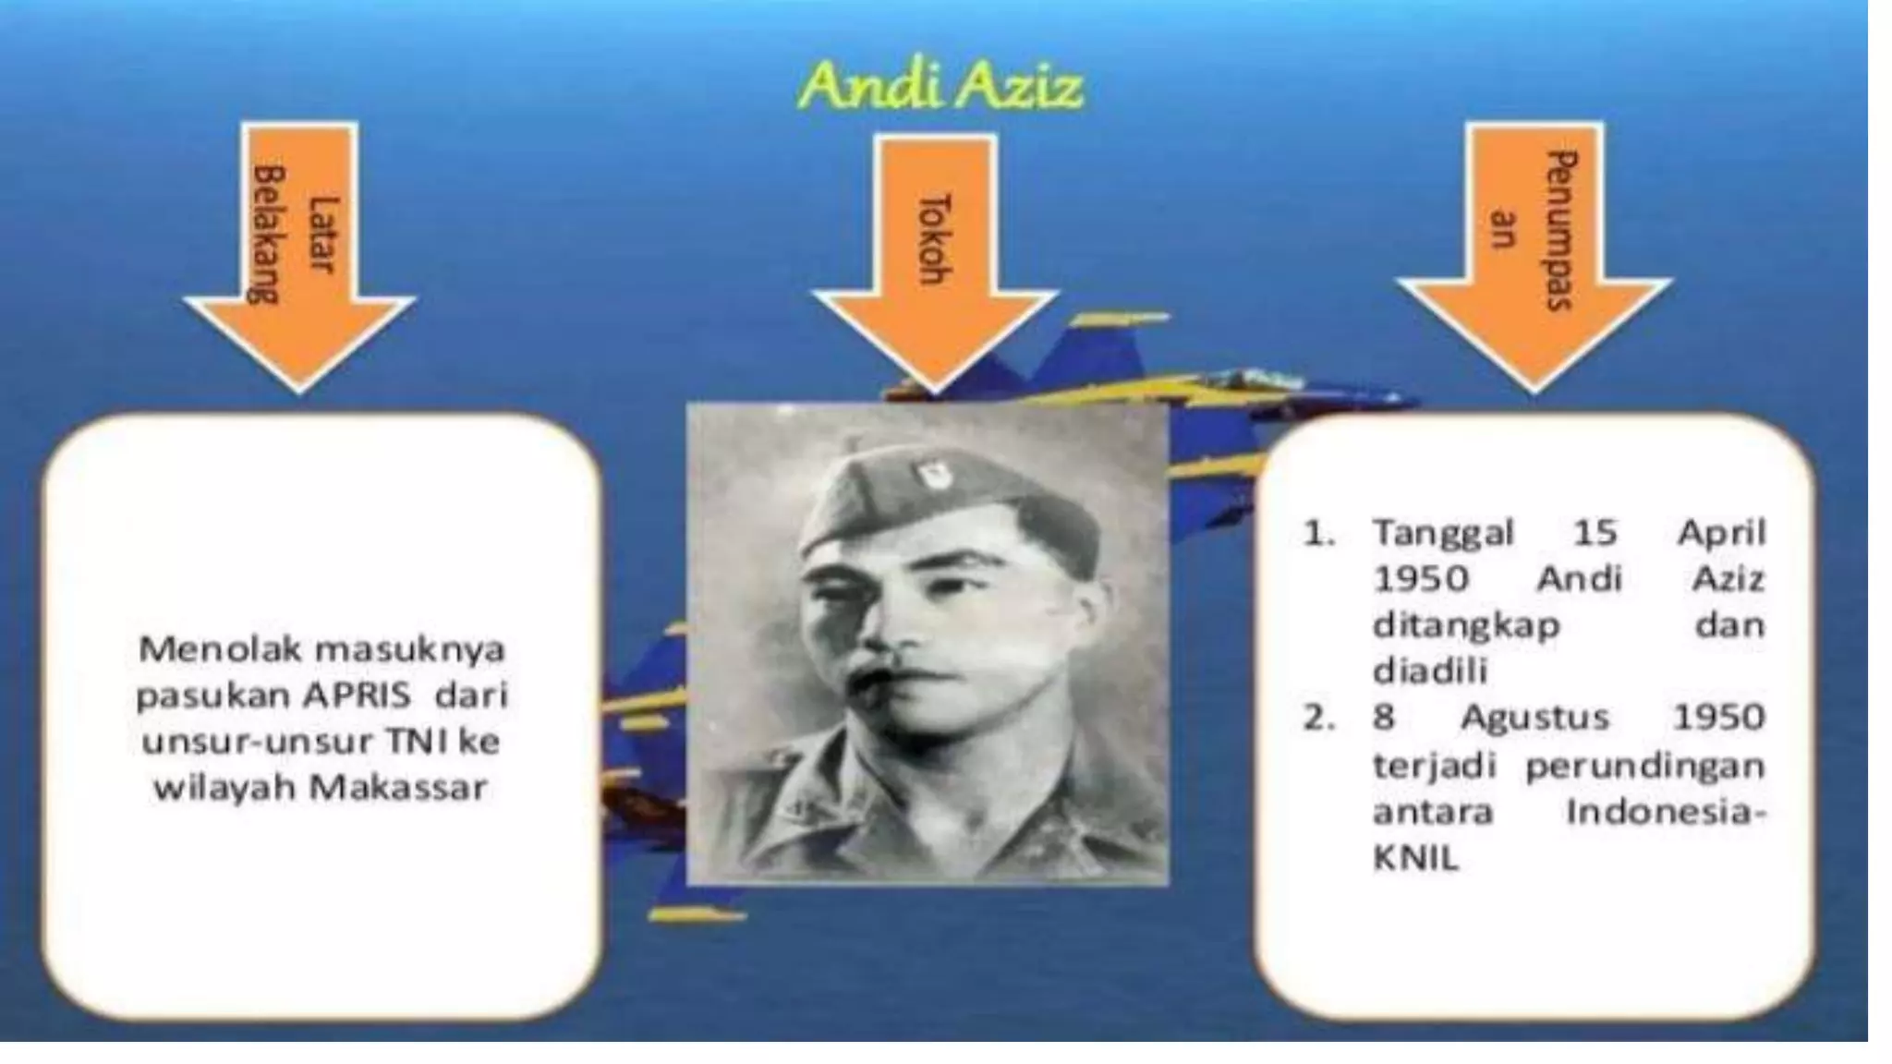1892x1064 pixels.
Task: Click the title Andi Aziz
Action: click(940, 88)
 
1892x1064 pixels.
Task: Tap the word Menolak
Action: click(220, 649)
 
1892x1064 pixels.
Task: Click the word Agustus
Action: click(1534, 718)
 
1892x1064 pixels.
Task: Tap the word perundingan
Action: click(1644, 766)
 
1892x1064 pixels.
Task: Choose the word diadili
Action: click(1429, 671)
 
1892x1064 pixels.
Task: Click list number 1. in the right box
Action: click(1318, 533)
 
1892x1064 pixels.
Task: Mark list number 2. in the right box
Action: click(1318, 718)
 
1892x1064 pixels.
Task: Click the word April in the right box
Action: click(1721, 533)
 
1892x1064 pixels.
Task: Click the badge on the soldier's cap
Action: click(927, 475)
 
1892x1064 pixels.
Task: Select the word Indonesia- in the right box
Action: click(1664, 813)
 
